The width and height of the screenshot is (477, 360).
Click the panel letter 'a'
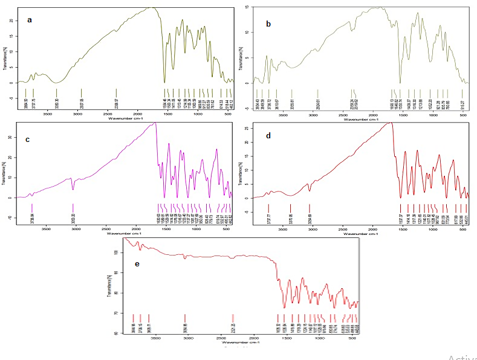click(x=29, y=21)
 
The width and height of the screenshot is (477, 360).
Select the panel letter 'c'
click(x=27, y=140)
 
